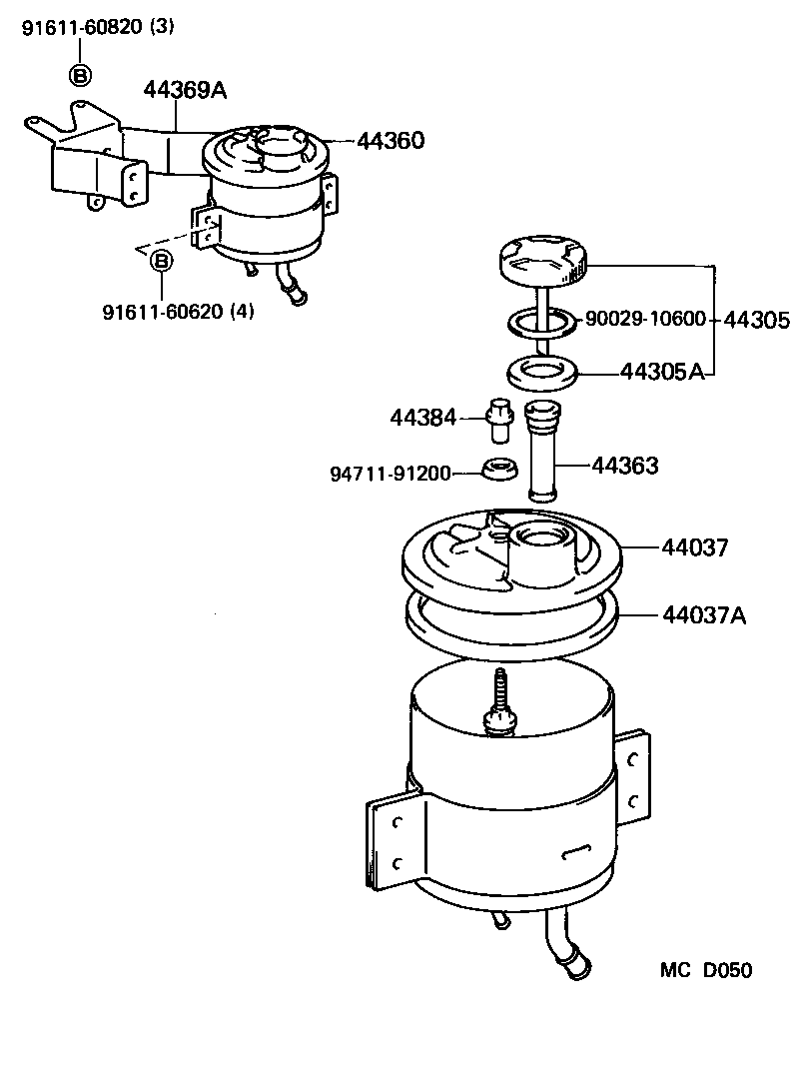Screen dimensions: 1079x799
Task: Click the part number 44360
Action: (391, 141)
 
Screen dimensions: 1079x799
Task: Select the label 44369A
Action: (185, 91)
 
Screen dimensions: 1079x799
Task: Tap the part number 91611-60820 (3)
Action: (98, 28)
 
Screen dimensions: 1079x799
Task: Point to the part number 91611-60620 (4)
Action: (178, 312)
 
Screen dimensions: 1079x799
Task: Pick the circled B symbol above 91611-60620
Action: (161, 261)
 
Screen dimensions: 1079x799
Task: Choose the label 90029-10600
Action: (645, 320)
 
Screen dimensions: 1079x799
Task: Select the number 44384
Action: (423, 419)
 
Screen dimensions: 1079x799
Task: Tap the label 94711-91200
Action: (391, 473)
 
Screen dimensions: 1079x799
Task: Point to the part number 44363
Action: (625, 466)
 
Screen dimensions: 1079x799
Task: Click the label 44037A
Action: (703, 614)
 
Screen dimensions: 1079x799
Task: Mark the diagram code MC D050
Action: (705, 970)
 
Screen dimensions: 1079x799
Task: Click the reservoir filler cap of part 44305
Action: (542, 261)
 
